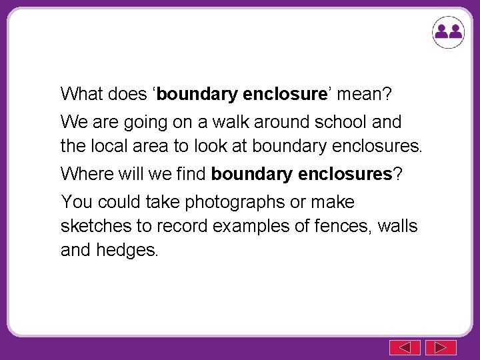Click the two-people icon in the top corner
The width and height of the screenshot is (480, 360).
click(x=447, y=31)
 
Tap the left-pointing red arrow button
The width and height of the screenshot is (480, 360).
click(x=405, y=347)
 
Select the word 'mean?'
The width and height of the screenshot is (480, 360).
click(x=365, y=94)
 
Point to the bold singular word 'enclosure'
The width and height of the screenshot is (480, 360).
click(x=283, y=94)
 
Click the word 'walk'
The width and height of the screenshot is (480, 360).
click(x=216, y=123)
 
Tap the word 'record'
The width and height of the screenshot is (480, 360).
click(x=181, y=226)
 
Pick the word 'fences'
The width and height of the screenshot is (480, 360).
click(x=340, y=226)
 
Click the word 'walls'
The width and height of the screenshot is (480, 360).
click(x=397, y=226)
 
